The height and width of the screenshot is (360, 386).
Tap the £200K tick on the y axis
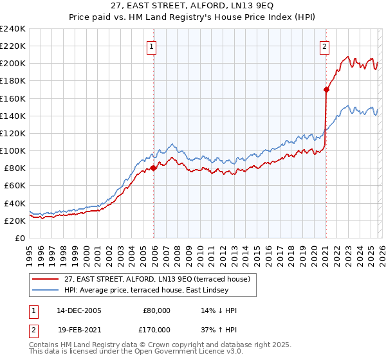pyautogui.click(x=13, y=64)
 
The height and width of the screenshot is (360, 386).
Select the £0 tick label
pyautogui.click(x=21, y=238)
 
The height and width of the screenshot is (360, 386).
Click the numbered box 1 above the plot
pyautogui.click(x=152, y=46)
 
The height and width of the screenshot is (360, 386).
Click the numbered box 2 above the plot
pyautogui.click(x=325, y=46)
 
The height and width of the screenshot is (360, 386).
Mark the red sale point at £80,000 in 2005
pyautogui.click(x=153, y=168)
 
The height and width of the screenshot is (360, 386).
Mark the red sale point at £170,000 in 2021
pyautogui.click(x=326, y=90)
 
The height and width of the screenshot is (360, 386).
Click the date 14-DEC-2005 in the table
pyautogui.click(x=78, y=310)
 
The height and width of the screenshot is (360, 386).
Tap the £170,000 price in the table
pyautogui.click(x=157, y=329)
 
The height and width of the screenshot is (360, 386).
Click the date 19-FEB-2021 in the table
pyautogui.click(x=78, y=329)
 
